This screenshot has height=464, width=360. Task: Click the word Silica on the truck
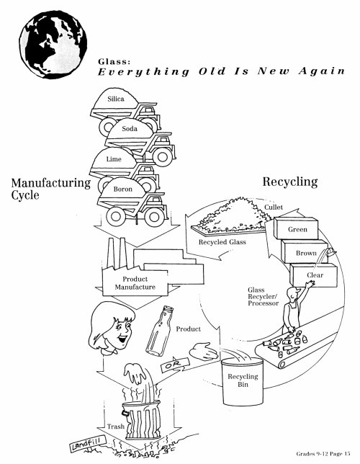pos(116,99)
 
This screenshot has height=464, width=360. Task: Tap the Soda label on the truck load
pos(130,129)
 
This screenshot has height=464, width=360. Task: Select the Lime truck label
pos(114,159)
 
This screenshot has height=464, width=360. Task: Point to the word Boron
pos(123,189)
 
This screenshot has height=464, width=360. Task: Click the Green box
pos(296,228)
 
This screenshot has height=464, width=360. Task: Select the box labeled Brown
pos(305,251)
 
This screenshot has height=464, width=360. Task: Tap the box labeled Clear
pos(313,275)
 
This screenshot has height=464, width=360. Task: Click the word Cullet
pos(274,208)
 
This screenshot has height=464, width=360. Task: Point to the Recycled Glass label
pos(222,242)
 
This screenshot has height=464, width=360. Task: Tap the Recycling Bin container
pos(243,382)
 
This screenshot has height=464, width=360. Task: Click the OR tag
pos(175,365)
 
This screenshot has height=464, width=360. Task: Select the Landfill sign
pos(85,444)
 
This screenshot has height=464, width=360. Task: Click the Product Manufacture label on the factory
pos(135,283)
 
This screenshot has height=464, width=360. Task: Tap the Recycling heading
pos(290,182)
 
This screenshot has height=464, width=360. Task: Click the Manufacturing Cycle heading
pos(51,189)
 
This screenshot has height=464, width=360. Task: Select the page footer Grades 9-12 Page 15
pos(323,454)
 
